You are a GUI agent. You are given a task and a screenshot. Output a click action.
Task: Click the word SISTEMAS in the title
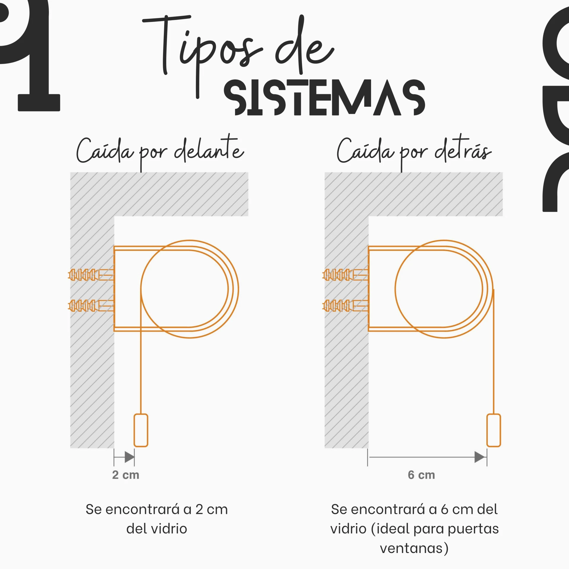(325, 98)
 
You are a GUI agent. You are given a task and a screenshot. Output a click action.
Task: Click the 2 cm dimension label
(126, 475)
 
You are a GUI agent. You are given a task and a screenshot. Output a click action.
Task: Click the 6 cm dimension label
(421, 475)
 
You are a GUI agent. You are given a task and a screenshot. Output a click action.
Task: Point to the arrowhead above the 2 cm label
(130, 457)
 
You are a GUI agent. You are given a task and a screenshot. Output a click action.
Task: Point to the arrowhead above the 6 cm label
(480, 457)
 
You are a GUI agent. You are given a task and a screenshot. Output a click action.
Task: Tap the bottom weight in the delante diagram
(141, 430)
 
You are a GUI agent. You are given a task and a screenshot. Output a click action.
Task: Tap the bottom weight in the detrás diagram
(494, 430)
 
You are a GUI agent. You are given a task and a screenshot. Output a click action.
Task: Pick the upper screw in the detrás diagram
(345, 275)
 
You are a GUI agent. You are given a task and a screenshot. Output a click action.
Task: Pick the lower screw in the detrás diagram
(345, 306)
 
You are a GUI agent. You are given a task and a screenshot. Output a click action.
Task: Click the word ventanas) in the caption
(414, 548)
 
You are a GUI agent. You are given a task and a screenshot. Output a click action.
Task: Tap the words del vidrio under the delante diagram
(157, 528)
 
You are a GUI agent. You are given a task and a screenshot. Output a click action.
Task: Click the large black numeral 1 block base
(39, 103)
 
